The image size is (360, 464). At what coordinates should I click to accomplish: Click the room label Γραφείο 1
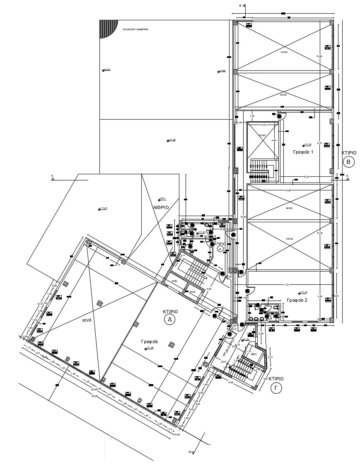pyautogui.click(x=303, y=152)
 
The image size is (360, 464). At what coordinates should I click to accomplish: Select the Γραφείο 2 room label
pyautogui.click(x=297, y=300)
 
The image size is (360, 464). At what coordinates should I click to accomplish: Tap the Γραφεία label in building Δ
pyautogui.click(x=148, y=342)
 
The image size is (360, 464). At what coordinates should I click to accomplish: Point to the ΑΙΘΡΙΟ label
pyautogui.click(x=161, y=207)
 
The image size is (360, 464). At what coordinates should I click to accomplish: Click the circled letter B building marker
pyautogui.click(x=348, y=162)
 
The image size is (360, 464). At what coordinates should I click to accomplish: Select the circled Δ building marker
pyautogui.click(x=169, y=319)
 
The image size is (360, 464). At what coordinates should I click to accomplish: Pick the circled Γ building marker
pyautogui.click(x=276, y=388)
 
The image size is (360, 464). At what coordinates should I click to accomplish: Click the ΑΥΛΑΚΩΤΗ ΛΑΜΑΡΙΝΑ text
pyautogui.click(x=135, y=30)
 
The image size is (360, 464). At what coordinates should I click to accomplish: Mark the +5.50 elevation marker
pyautogui.click(x=106, y=70)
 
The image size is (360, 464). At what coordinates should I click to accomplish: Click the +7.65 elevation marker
pyautogui.click(x=222, y=71)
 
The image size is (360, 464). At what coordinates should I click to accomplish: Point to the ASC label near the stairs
pyautogui.click(x=254, y=355)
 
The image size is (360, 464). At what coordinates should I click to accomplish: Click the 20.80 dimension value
pyautogui.click(x=94, y=397)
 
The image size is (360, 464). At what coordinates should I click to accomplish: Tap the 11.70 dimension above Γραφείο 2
pyautogui.click(x=286, y=285)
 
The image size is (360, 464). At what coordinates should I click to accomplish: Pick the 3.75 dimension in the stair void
pyautogui.click(x=263, y=125)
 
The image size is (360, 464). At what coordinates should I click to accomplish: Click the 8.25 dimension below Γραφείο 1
pyautogui.click(x=307, y=177)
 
